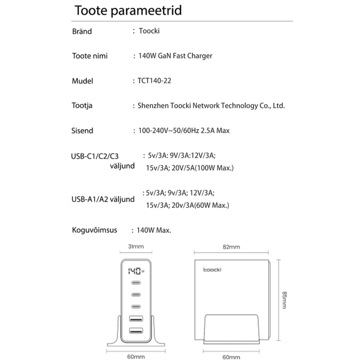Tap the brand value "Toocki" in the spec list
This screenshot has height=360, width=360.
(x=149, y=31)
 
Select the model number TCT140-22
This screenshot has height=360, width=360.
(x=154, y=81)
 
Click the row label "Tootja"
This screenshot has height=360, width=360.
(x=82, y=106)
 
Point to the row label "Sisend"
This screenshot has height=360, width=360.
(x=82, y=131)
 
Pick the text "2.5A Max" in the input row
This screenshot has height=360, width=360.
(x=215, y=131)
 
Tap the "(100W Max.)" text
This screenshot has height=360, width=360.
(x=213, y=168)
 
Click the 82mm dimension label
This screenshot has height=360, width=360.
(x=231, y=247)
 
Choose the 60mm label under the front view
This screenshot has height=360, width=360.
(x=136, y=356)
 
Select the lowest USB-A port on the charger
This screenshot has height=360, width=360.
(x=136, y=331)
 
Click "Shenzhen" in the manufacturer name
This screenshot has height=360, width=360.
(x=154, y=106)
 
